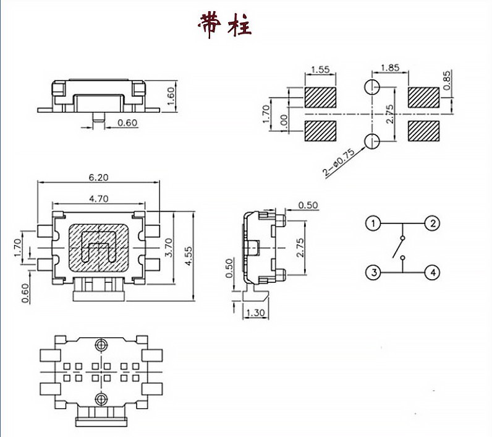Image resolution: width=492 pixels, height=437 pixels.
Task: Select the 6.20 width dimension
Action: (98, 177)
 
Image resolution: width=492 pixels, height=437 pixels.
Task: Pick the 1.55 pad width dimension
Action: (320, 69)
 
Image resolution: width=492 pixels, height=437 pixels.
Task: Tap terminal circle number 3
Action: (372, 272)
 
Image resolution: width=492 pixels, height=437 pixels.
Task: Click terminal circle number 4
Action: (432, 272)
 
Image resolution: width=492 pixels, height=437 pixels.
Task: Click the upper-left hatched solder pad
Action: (320, 97)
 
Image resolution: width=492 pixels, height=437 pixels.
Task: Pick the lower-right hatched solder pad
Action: (423, 131)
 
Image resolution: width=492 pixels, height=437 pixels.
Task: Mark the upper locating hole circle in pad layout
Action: (372, 87)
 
